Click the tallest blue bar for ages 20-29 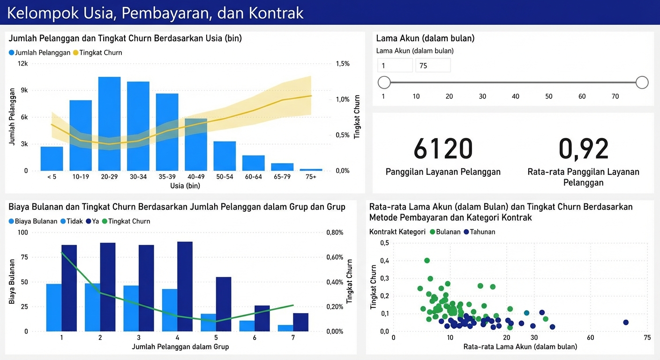click(109, 124)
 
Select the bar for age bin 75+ click(311, 169)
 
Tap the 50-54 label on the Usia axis click(225, 177)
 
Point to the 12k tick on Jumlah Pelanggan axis click(22, 64)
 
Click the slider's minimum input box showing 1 click(395, 66)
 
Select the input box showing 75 click(433, 66)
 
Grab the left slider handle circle click(384, 83)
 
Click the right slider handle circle click(642, 83)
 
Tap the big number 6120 click(443, 149)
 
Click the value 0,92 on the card click(584, 149)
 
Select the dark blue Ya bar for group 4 click(185, 286)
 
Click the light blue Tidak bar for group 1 click(54, 307)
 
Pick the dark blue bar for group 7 click(300, 322)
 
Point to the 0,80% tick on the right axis click(334, 232)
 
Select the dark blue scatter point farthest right click(625, 322)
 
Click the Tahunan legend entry click(482, 232)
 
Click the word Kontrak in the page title click(276, 13)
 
